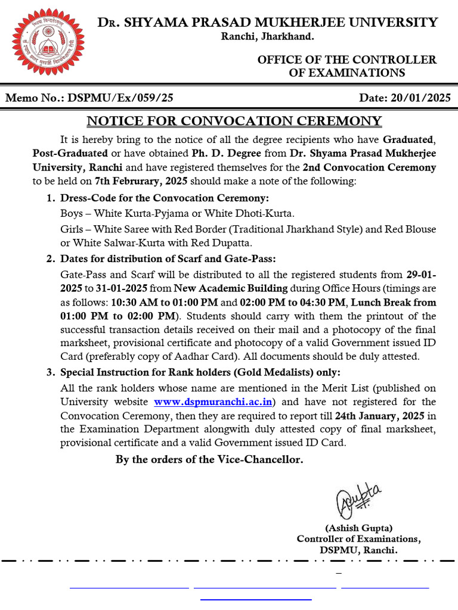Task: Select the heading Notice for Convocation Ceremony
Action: coord(234,121)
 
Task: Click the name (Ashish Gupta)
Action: coord(358,528)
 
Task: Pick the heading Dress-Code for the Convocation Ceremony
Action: coord(165,198)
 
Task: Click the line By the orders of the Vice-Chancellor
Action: coord(209,459)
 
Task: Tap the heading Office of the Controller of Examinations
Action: coord(346,66)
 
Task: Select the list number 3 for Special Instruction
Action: coord(50,372)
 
